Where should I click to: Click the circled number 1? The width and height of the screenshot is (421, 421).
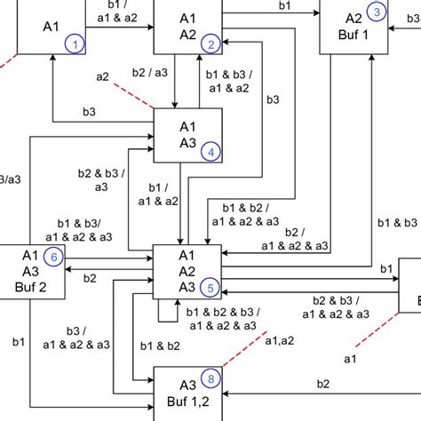click(x=76, y=44)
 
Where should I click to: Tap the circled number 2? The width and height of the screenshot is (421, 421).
click(x=210, y=44)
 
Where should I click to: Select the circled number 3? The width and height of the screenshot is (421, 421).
click(x=377, y=12)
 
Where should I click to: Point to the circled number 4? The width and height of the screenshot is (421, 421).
click(x=210, y=152)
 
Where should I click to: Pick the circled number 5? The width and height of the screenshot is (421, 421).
click(x=210, y=287)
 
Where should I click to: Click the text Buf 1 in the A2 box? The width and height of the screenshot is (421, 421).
click(x=353, y=35)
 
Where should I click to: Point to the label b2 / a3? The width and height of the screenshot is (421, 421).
click(x=148, y=74)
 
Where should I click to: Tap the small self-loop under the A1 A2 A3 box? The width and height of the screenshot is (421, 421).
click(x=166, y=311)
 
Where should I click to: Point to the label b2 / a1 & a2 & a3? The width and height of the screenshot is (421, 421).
click(x=296, y=238)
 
